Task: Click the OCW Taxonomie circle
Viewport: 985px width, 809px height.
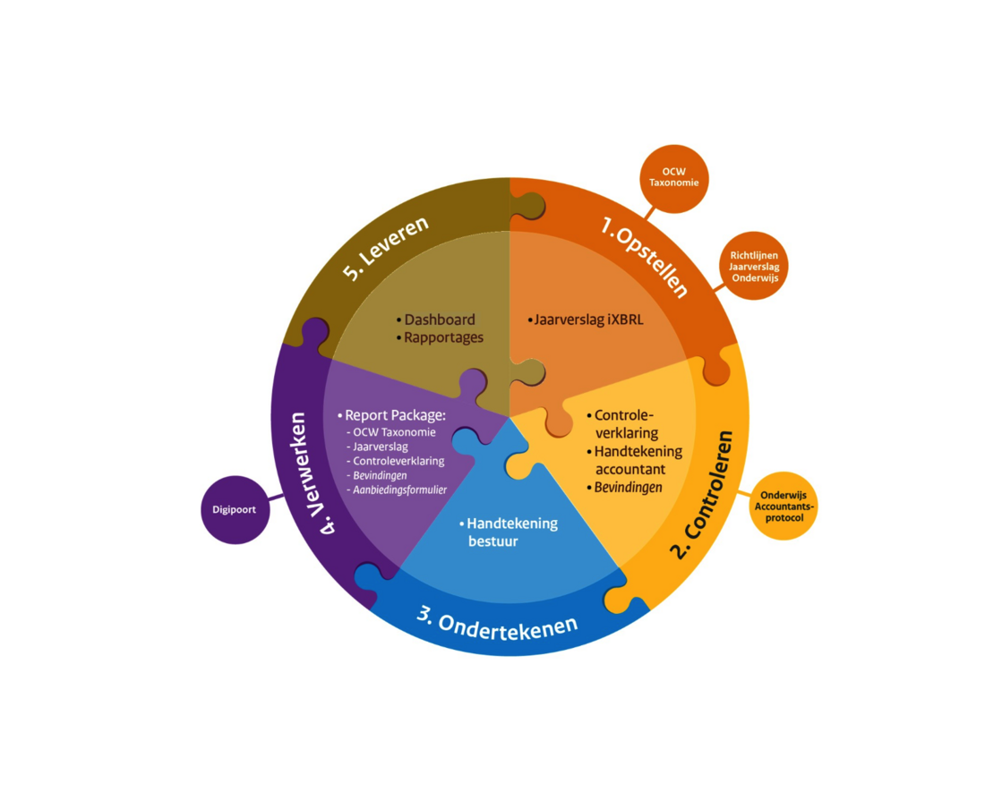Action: click(x=674, y=178)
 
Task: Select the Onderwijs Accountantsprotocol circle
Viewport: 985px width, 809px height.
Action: click(x=782, y=506)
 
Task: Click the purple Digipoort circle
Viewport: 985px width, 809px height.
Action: click(x=235, y=510)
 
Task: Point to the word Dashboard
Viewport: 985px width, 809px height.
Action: click(x=439, y=319)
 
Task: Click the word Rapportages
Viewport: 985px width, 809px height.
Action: click(x=443, y=337)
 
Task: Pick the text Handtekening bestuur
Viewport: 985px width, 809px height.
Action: click(x=510, y=532)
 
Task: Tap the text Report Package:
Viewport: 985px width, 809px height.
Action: click(x=395, y=416)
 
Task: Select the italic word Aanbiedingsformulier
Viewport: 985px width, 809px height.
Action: click(x=399, y=490)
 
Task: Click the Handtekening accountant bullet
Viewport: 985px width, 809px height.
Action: click(x=637, y=460)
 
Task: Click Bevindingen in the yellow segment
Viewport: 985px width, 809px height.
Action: click(x=628, y=488)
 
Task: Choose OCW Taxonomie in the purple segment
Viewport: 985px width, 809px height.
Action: click(x=394, y=432)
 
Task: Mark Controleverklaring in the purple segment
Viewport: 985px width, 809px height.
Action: click(x=398, y=461)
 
